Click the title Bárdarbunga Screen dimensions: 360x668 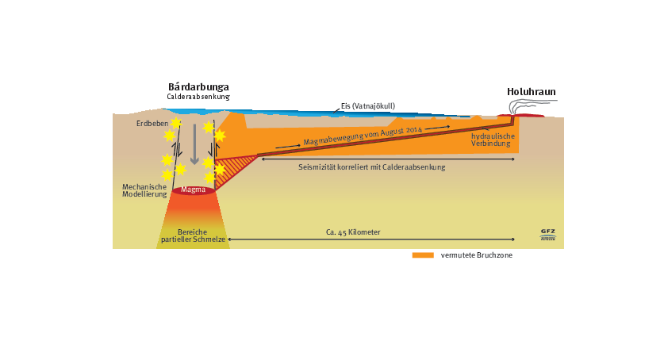(198, 86)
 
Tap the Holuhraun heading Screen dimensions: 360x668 (531, 92)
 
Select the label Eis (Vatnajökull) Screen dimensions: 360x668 (367, 105)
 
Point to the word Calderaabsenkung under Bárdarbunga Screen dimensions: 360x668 (198, 97)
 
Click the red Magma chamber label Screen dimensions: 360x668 (193, 190)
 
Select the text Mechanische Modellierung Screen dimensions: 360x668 (144, 190)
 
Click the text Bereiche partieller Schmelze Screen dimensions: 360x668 (194, 236)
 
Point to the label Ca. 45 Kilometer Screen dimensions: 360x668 (353, 232)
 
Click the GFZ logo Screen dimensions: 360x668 (547, 235)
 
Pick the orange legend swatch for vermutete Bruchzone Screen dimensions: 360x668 (423, 255)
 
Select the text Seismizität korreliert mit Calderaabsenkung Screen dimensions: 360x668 (371, 167)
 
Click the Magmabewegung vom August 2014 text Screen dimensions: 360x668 (364, 135)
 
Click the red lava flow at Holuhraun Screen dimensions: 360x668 (530, 116)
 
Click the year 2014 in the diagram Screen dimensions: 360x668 (413, 128)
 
